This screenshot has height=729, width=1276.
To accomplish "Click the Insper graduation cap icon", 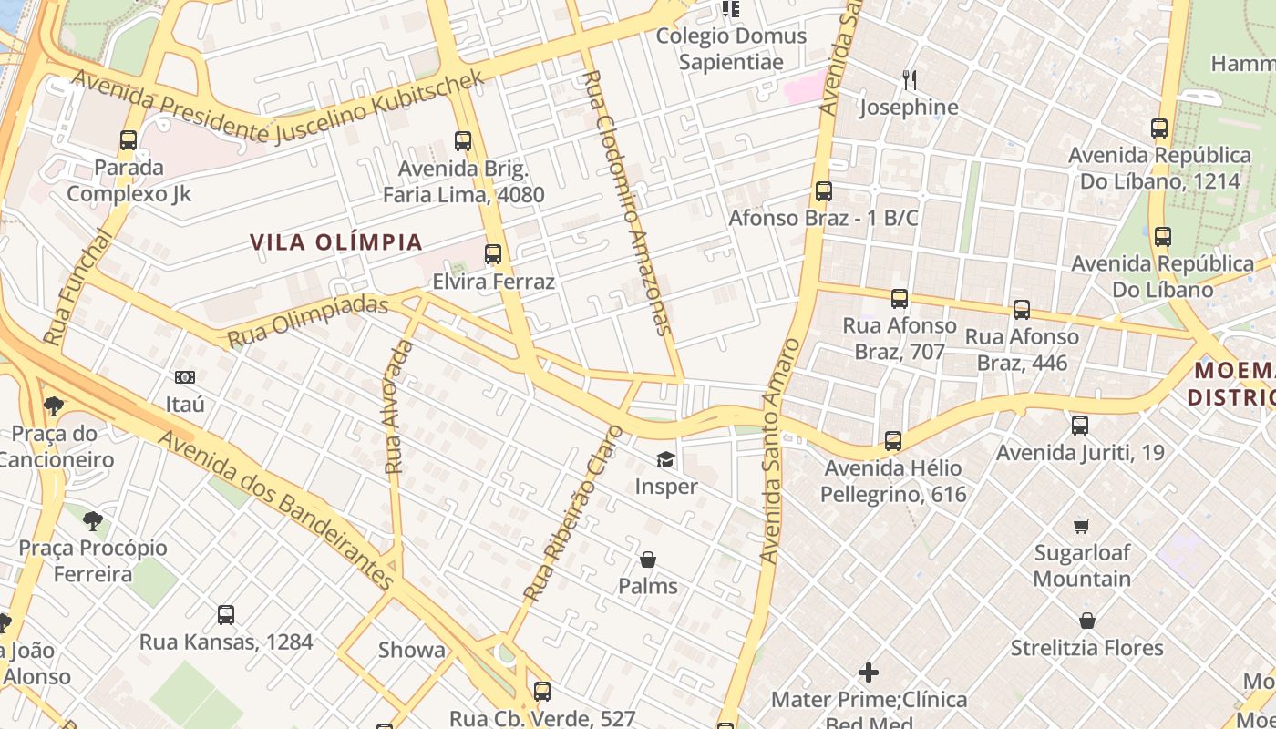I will (x=665, y=459).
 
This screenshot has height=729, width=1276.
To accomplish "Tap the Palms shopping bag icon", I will (x=648, y=559).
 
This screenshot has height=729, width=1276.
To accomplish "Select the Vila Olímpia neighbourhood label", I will (x=336, y=242).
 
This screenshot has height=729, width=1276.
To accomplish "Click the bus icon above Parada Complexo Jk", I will (x=129, y=140).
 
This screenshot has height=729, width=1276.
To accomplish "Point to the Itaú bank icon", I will (x=185, y=376).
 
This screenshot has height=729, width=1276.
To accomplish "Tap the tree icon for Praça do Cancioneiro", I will (x=54, y=406).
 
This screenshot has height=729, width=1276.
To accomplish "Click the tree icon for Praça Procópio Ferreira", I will (x=92, y=521).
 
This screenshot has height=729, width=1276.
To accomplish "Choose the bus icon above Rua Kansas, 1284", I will (x=226, y=615).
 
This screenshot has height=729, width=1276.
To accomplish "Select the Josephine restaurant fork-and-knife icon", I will (x=909, y=80).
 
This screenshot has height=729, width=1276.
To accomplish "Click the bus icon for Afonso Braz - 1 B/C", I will (x=824, y=191).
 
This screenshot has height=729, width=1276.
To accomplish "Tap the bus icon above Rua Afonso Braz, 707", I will (x=900, y=298).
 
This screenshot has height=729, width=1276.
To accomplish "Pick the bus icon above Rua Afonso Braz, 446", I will (x=1022, y=310).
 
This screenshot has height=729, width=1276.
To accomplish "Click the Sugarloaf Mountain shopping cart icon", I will (x=1082, y=526).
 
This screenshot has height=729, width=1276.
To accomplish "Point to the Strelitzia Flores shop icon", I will (x=1086, y=621).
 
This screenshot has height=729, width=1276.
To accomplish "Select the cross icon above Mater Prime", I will (x=869, y=673).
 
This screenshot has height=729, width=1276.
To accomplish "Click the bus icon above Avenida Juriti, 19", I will (x=1080, y=425).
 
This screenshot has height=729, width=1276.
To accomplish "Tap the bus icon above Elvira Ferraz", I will (x=493, y=254).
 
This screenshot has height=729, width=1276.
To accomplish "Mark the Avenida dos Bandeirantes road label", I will (x=278, y=509).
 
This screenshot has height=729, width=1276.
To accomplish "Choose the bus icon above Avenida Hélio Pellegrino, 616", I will (x=893, y=441).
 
